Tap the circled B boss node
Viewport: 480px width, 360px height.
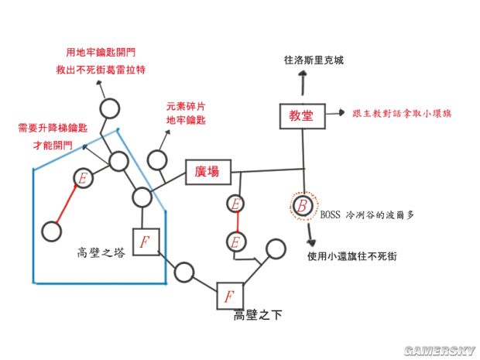303,206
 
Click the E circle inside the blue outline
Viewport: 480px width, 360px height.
83,178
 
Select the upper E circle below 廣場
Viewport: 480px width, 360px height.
235,204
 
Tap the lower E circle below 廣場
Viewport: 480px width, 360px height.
236,242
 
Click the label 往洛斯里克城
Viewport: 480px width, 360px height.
314,60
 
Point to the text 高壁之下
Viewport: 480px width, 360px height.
258,315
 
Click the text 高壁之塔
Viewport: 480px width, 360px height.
101,253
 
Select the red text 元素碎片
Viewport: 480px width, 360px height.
186,107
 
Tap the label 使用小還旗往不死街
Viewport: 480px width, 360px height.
352,256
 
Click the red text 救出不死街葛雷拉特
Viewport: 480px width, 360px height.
101,70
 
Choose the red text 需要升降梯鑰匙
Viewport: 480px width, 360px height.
53,128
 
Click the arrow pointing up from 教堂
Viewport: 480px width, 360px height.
303,83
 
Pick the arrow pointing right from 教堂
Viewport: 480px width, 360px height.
335,113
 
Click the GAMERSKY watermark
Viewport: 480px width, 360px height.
439,351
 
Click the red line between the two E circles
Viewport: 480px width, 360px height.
237,222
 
